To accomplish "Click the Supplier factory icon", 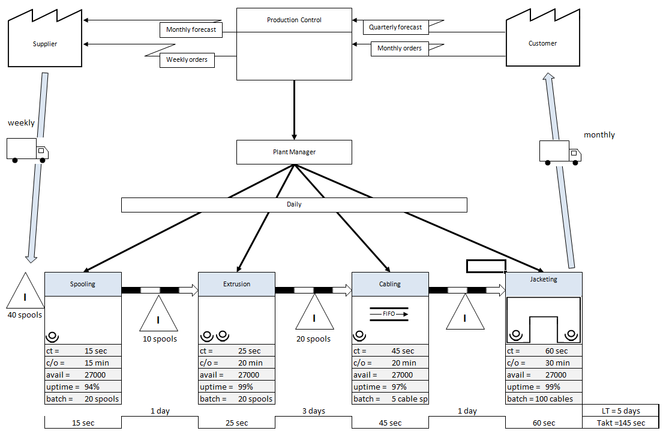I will tap(45, 43).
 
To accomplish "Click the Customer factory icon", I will tap(542, 43).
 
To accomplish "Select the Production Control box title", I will tap(294, 20).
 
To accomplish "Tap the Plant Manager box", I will tap(294, 152).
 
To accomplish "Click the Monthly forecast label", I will tap(191, 29).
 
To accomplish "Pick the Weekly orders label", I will tap(187, 59).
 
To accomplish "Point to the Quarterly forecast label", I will tap(395, 27).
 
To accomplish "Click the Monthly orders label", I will tap(399, 48).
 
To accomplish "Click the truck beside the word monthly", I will tap(559, 152).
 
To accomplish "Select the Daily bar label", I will tap(294, 204).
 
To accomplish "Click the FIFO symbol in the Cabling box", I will tap(389, 313).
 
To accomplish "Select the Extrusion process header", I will tap(236, 284).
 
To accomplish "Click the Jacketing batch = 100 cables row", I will tap(544, 399).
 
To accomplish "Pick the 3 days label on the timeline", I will tap(313, 411).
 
